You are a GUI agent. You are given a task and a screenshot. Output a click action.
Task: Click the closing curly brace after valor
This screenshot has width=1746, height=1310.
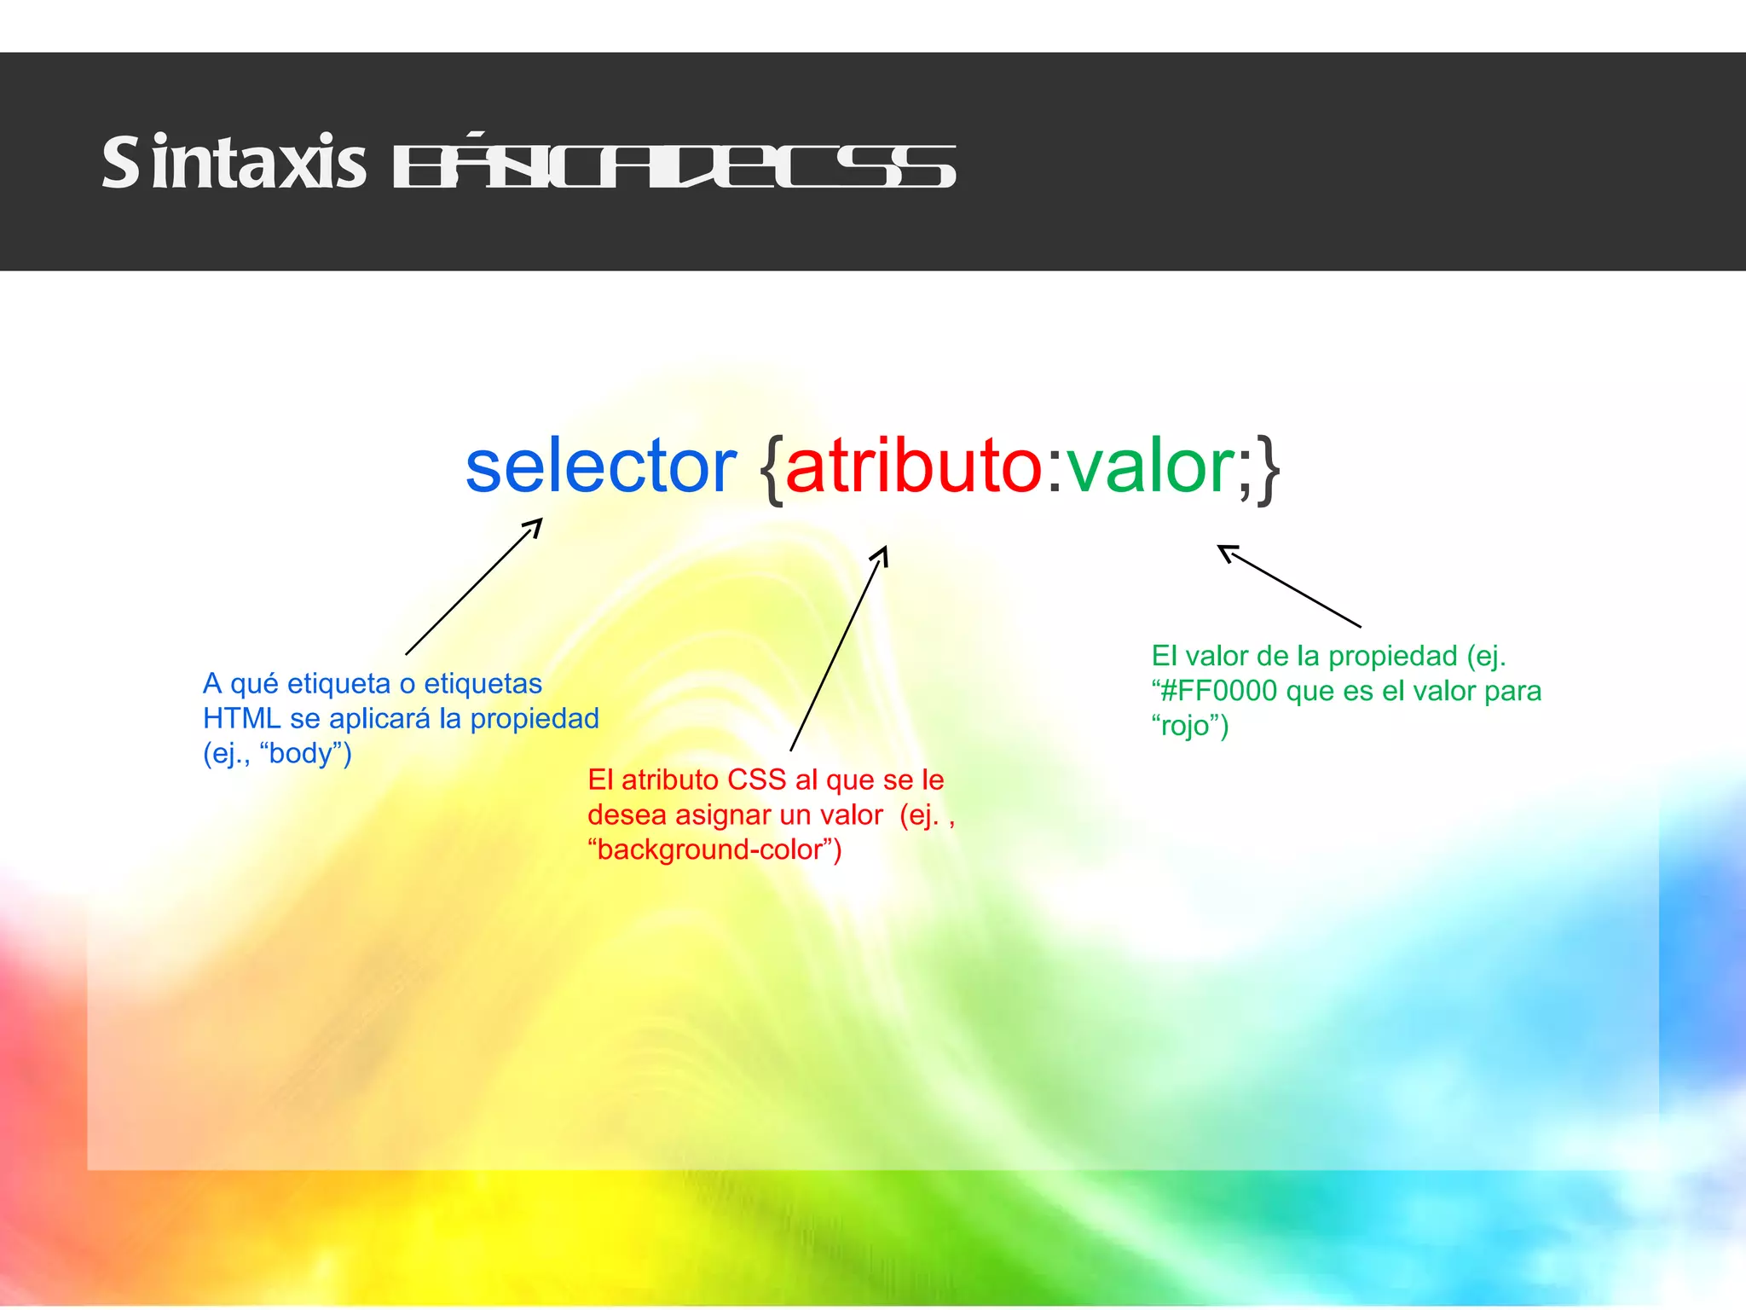[1269, 471]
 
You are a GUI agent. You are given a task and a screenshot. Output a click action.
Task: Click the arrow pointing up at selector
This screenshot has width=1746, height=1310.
[474, 587]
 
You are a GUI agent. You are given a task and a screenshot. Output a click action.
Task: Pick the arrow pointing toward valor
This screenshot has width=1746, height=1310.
[1289, 586]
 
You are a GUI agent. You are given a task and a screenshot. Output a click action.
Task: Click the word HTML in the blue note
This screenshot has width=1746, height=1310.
[241, 719]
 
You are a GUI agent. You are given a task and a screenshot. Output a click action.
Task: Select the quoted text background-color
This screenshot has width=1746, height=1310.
[714, 850]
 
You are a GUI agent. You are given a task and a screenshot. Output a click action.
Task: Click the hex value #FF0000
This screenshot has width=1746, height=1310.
[1219, 691]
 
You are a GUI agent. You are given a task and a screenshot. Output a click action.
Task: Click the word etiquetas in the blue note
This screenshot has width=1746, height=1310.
[483, 684]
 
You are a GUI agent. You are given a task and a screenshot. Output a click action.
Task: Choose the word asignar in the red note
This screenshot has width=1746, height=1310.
[725, 815]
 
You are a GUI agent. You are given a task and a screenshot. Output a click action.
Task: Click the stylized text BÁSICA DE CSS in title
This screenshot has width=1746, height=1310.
[674, 165]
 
